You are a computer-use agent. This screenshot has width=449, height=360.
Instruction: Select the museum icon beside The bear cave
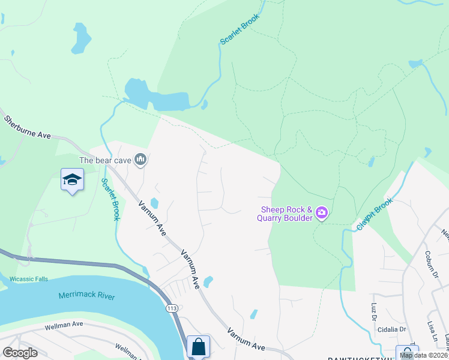point(141,160)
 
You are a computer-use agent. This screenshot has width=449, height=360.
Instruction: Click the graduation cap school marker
point(71,179)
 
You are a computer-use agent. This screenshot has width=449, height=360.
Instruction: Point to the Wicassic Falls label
point(29,279)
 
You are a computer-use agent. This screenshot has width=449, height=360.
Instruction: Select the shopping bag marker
point(198,346)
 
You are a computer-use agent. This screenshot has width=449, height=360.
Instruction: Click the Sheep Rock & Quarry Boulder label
point(286,214)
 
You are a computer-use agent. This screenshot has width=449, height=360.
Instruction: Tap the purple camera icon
point(322,212)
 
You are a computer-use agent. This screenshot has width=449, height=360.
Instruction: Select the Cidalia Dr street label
point(391,329)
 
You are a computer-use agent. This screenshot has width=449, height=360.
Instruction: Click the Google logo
point(20,352)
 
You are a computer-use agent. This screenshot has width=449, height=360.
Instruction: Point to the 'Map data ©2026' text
point(423,355)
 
